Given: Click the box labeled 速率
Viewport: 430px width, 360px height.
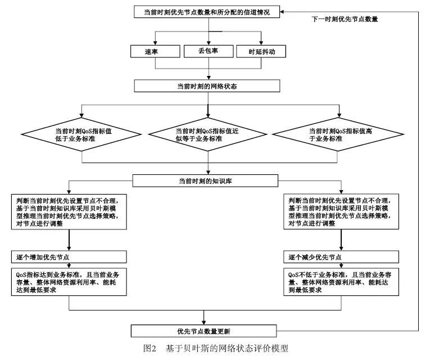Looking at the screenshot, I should coord(152,52).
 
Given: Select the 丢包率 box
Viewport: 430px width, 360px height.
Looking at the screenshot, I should coord(207,52).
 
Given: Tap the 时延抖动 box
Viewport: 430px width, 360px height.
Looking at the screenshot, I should coord(262,52).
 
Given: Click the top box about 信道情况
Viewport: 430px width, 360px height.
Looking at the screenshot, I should coord(207,11).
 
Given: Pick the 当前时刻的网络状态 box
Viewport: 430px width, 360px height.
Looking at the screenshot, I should coord(207,86).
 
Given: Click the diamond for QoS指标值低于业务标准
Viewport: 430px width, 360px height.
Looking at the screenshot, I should coord(83,135).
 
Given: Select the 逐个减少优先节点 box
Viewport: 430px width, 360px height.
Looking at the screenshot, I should coord(342,257).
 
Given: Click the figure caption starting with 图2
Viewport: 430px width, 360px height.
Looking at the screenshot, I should coord(216,349).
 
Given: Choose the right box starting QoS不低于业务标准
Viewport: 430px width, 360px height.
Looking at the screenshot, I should coord(342,283).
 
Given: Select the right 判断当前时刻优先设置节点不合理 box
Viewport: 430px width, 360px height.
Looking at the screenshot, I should coord(342,211).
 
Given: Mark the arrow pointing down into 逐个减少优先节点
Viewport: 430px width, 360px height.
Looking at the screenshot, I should coord(342,241).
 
